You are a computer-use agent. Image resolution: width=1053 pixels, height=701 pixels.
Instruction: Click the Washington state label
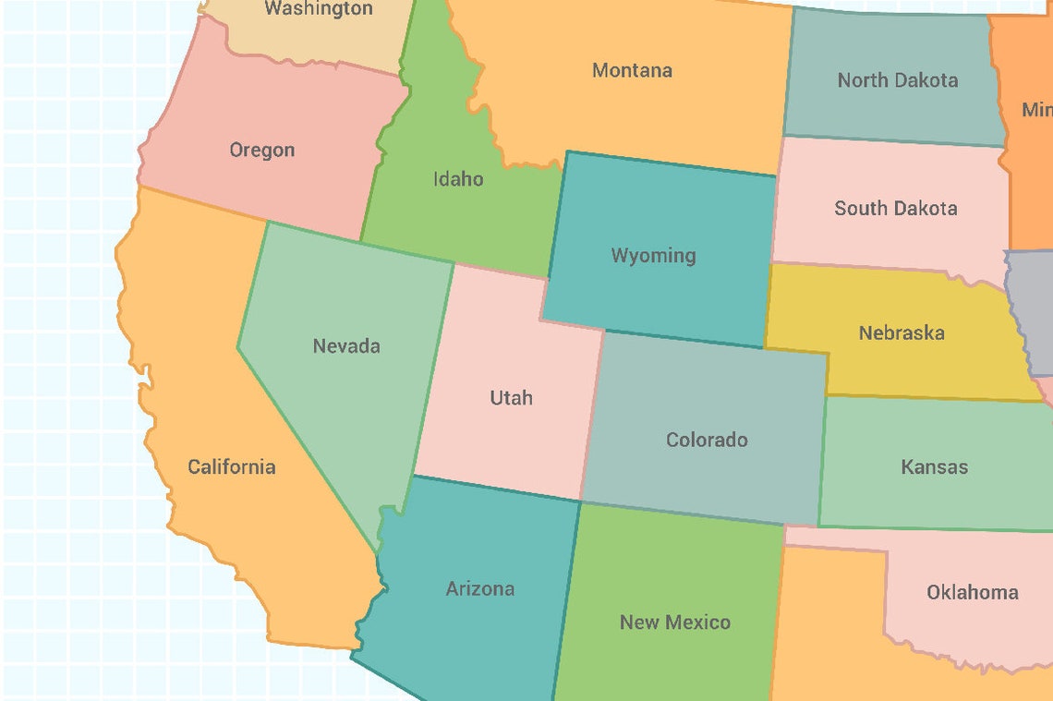[x=319, y=9]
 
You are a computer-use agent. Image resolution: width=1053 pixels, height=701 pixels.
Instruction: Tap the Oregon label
[x=262, y=150]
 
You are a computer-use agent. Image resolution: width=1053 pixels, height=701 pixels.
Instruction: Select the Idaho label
[x=458, y=178]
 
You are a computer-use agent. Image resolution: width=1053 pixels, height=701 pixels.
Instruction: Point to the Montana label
[x=632, y=70]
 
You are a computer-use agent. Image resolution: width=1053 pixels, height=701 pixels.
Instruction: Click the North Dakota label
[x=897, y=80]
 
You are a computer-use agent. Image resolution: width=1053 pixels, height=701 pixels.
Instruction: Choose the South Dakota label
[x=895, y=209]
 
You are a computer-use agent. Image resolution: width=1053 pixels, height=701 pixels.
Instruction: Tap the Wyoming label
[x=653, y=256]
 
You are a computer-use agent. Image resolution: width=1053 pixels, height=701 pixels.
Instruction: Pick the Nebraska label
[x=901, y=332]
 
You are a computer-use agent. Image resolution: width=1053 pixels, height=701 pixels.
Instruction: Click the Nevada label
[x=346, y=346]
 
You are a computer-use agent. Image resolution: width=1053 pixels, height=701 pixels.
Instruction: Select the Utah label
[x=511, y=398]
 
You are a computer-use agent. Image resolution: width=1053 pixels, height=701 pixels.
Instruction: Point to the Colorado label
[x=707, y=440]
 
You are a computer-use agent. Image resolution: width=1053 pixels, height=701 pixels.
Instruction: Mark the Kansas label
[x=934, y=467]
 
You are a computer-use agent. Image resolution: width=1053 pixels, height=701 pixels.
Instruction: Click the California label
[x=231, y=466]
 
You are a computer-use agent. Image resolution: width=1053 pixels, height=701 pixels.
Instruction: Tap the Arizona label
[x=479, y=588]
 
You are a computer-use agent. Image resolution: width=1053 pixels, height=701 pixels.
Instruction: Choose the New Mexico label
[x=674, y=622]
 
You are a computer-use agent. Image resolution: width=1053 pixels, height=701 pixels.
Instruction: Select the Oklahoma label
[x=972, y=592]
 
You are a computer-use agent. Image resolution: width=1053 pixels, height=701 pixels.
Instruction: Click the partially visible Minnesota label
[x=1036, y=110]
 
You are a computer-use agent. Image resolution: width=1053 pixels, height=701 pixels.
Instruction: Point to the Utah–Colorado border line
[x=592, y=416]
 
